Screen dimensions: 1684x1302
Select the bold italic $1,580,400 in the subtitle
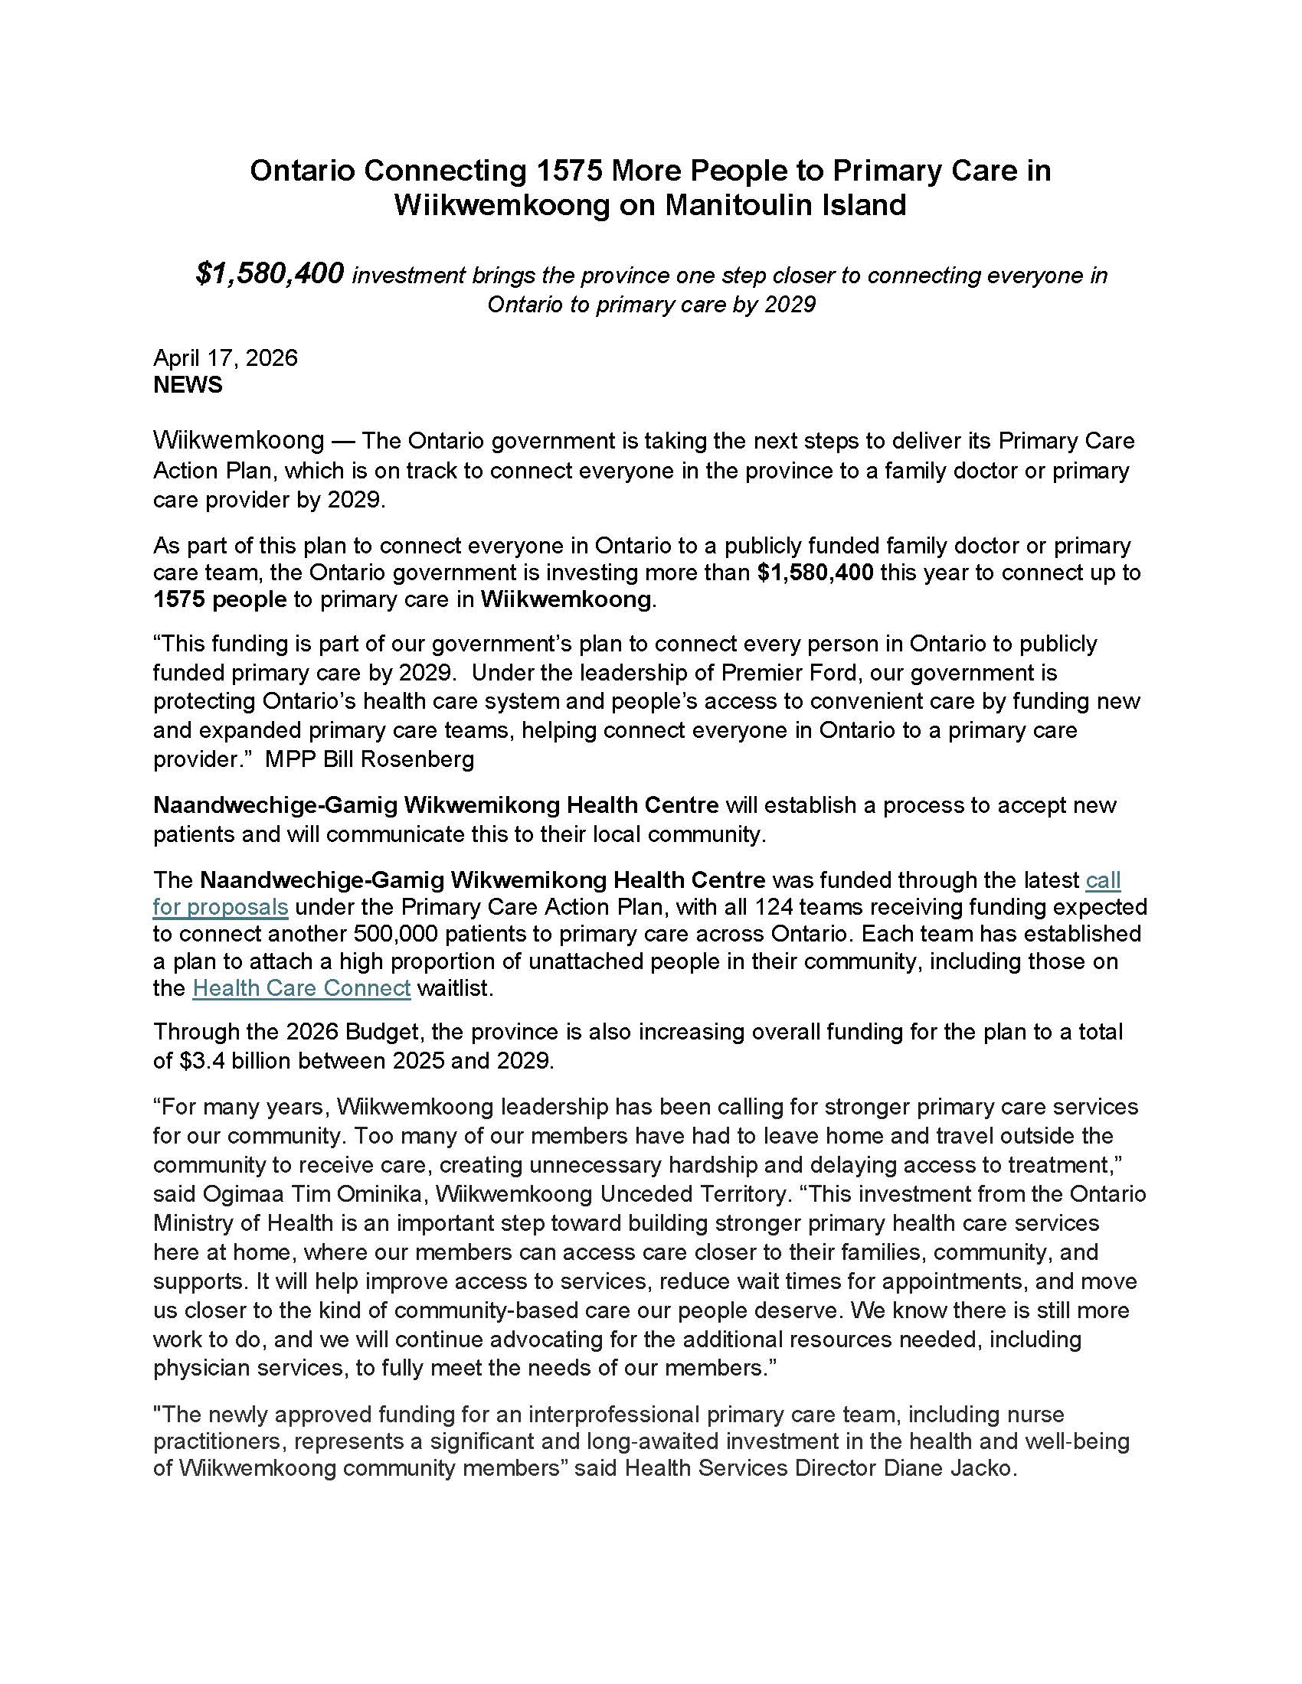click(269, 273)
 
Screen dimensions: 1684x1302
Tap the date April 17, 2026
click(225, 357)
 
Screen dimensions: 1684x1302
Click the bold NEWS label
click(188, 385)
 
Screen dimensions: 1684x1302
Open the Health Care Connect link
click(301, 987)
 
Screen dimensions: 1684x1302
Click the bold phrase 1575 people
click(220, 600)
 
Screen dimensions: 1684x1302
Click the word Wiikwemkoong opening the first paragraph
click(238, 441)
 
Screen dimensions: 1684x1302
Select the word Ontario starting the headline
click(302, 171)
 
